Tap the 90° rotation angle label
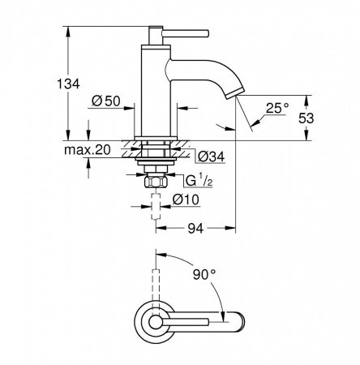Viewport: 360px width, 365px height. [x=206, y=273]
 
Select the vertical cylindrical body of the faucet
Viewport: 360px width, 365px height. [x=153, y=89]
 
